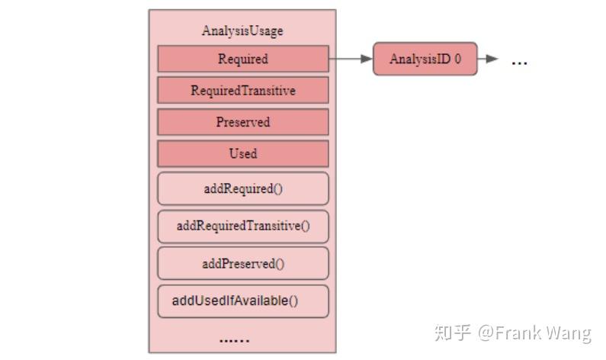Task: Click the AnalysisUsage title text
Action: (x=242, y=31)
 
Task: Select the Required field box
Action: (x=242, y=59)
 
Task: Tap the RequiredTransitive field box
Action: (x=242, y=91)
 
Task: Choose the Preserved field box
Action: (x=242, y=122)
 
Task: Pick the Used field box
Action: (x=242, y=153)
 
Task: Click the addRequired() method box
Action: (x=242, y=188)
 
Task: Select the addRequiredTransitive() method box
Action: (x=242, y=226)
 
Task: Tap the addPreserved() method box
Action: (x=242, y=263)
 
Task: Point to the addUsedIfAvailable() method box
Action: (x=242, y=301)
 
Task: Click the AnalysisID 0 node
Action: (x=425, y=59)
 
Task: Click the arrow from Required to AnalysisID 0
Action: (x=351, y=59)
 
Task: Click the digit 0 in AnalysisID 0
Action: (x=457, y=59)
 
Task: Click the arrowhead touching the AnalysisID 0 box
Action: (x=367, y=59)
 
